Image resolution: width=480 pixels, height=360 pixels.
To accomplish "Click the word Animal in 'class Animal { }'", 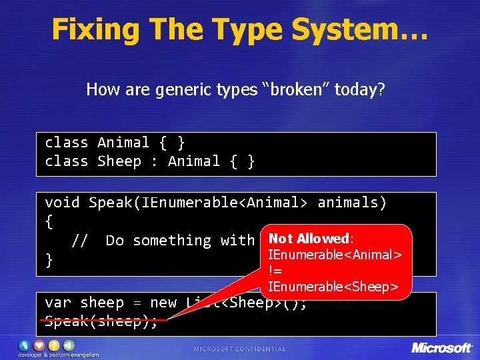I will [123, 143].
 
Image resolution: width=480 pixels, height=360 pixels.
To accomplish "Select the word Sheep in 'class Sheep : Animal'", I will [119, 161].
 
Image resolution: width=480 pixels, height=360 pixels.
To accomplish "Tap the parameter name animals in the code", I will [352, 203].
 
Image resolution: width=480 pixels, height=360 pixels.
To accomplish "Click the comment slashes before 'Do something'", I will [79, 241].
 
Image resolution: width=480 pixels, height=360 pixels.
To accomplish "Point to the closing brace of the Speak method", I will [49, 260].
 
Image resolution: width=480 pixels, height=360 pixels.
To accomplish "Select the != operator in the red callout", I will [274, 271].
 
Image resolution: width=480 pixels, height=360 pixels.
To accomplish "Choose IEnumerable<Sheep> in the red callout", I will [332, 287].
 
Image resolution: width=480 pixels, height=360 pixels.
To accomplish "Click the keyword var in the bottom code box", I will [58, 303].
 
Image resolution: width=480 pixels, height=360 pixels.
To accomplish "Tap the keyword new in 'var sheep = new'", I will [163, 303].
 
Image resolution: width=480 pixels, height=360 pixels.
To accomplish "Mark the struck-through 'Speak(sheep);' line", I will [101, 321].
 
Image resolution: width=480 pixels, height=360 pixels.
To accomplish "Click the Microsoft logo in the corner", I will [441, 347].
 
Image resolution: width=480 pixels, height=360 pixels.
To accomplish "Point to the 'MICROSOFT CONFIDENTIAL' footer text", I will [239, 349].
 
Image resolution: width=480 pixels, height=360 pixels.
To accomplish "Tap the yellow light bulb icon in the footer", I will [55, 345].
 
